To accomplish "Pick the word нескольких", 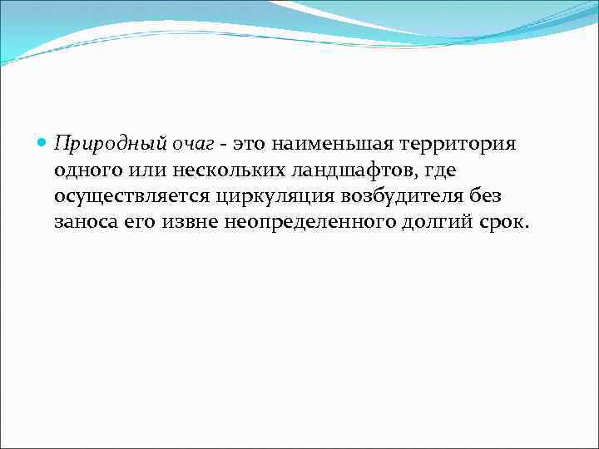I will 221,171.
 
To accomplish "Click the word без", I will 488,198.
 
